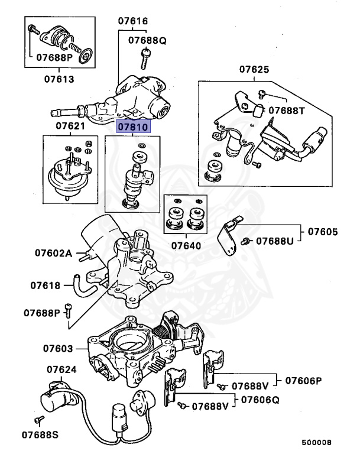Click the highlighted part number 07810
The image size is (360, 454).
point(134,127)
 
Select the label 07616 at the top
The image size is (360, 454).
point(133,21)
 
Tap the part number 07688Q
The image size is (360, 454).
point(148,41)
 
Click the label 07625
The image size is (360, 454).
point(254,70)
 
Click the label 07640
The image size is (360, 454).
point(186,245)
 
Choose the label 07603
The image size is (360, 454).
point(57,349)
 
